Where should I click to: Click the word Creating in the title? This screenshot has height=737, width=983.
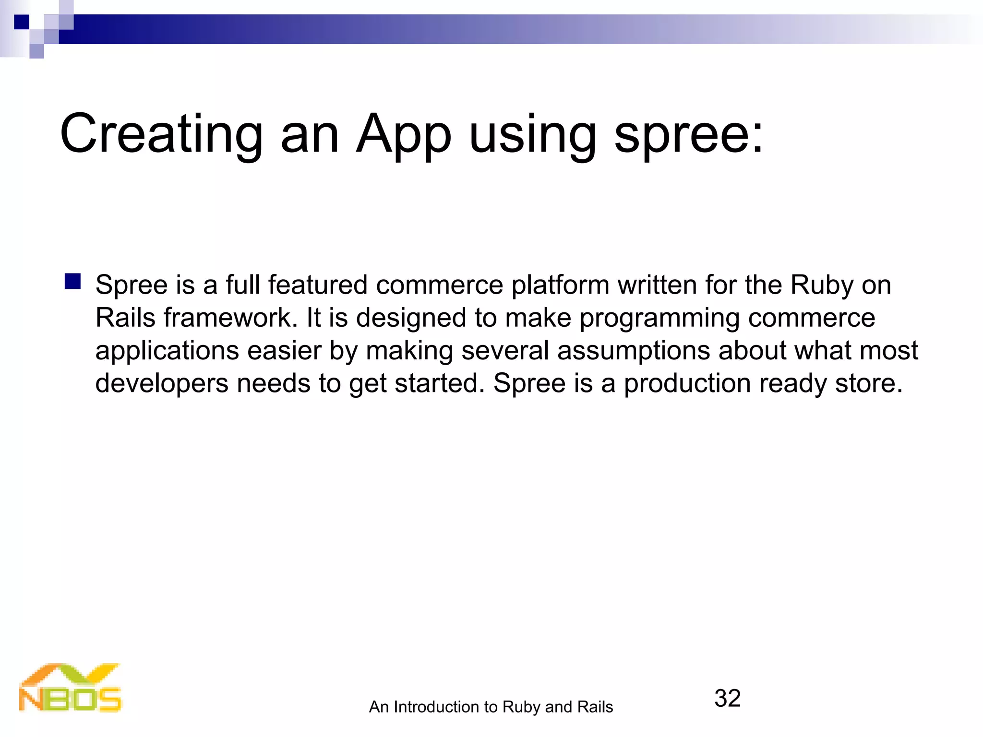[161, 134]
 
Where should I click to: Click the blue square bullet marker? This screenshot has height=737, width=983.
[72, 282]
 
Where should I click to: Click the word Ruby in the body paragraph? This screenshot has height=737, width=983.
[821, 285]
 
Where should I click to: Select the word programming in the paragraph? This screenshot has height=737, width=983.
[659, 318]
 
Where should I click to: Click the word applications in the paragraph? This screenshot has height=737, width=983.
[167, 350]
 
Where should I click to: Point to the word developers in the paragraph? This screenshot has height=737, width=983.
[162, 383]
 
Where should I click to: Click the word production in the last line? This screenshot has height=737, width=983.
[687, 383]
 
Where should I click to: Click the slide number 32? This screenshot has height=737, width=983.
[727, 698]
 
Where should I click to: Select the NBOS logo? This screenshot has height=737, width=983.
[71, 688]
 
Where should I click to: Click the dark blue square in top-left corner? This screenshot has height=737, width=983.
[22, 22]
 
